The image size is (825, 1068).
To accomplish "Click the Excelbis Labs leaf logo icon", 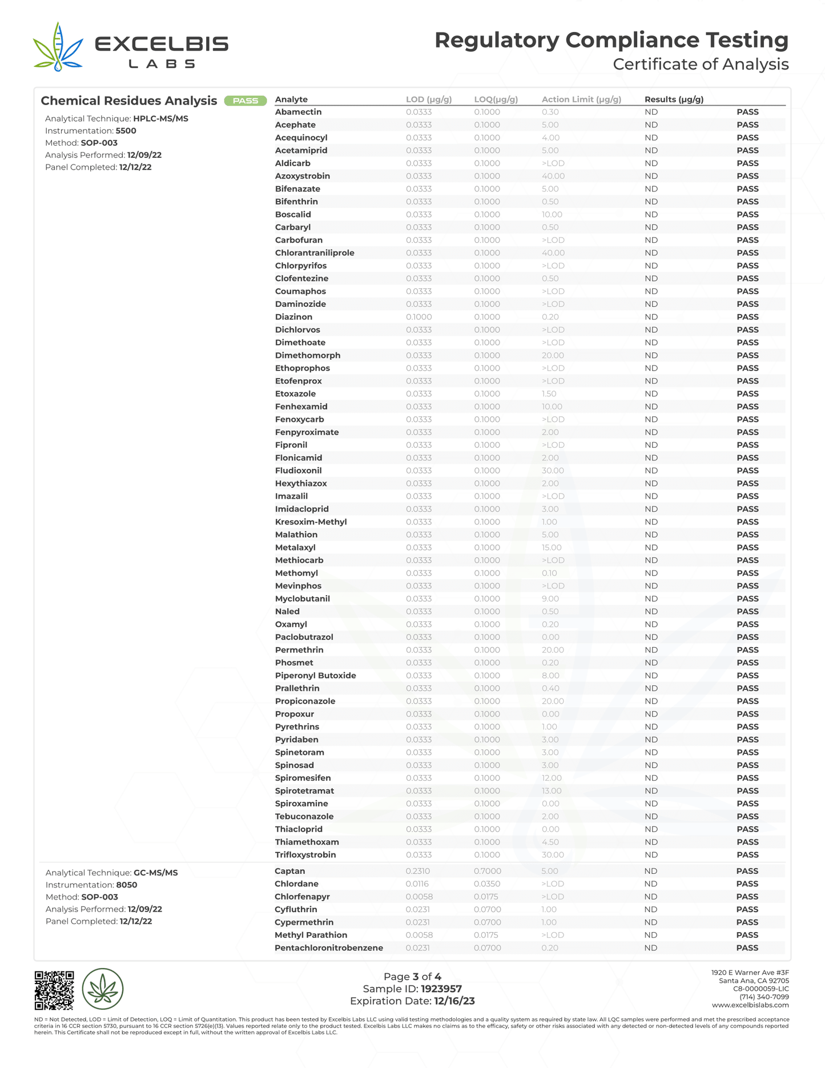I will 57,48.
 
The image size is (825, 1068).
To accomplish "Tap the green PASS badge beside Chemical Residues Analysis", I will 246,101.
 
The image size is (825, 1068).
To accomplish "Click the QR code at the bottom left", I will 54,990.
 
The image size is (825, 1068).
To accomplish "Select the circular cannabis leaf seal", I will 103,989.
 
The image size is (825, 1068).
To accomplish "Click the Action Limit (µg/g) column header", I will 581,99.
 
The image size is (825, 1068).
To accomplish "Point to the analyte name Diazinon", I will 293,317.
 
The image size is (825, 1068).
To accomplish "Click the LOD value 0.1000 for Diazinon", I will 418,317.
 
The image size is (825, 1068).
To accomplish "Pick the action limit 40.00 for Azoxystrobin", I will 553,176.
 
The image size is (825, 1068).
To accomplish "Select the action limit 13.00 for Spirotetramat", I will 552,791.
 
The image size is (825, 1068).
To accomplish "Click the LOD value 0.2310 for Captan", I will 417,871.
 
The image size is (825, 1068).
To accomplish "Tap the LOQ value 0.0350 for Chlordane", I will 487,884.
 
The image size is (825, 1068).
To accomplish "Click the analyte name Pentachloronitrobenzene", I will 328,947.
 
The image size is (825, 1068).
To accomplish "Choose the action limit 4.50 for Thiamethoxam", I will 550,842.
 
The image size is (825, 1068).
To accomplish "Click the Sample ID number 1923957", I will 441,989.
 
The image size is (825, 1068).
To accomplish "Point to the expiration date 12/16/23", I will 454,1001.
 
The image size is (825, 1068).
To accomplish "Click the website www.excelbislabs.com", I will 750,1005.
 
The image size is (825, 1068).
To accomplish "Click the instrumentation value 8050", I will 126,885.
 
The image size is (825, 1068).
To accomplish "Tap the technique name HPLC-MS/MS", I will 160,119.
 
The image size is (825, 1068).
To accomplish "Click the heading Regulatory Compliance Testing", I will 611,40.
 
